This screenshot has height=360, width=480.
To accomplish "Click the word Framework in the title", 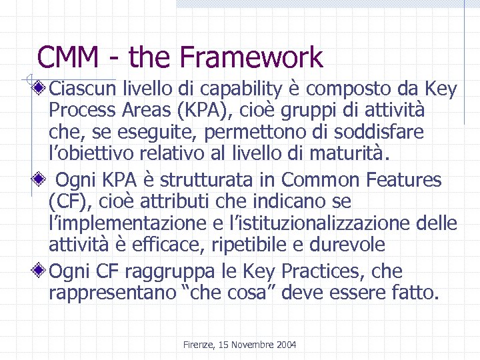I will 253,57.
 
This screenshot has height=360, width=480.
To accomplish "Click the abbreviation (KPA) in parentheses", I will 211,109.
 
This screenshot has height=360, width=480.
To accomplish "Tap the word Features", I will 405,179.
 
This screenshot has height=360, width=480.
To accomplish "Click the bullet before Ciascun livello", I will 42,87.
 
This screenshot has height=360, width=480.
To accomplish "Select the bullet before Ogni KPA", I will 42,179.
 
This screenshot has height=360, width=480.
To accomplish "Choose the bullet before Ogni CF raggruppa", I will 42,271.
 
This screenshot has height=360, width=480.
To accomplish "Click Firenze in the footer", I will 198,345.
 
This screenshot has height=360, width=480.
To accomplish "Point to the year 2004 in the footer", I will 285,345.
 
